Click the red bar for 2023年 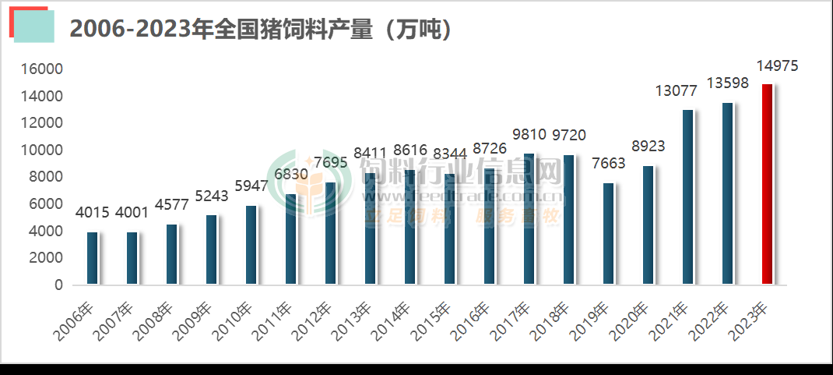(x=767, y=185)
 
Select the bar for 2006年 (x=92, y=259)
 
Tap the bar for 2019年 (x=608, y=234)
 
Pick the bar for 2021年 (x=687, y=197)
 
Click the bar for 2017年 (x=529, y=219)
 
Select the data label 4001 (x=132, y=212)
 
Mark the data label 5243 (x=212, y=196)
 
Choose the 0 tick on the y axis (x=58, y=285)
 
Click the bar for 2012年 (x=330, y=234)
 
